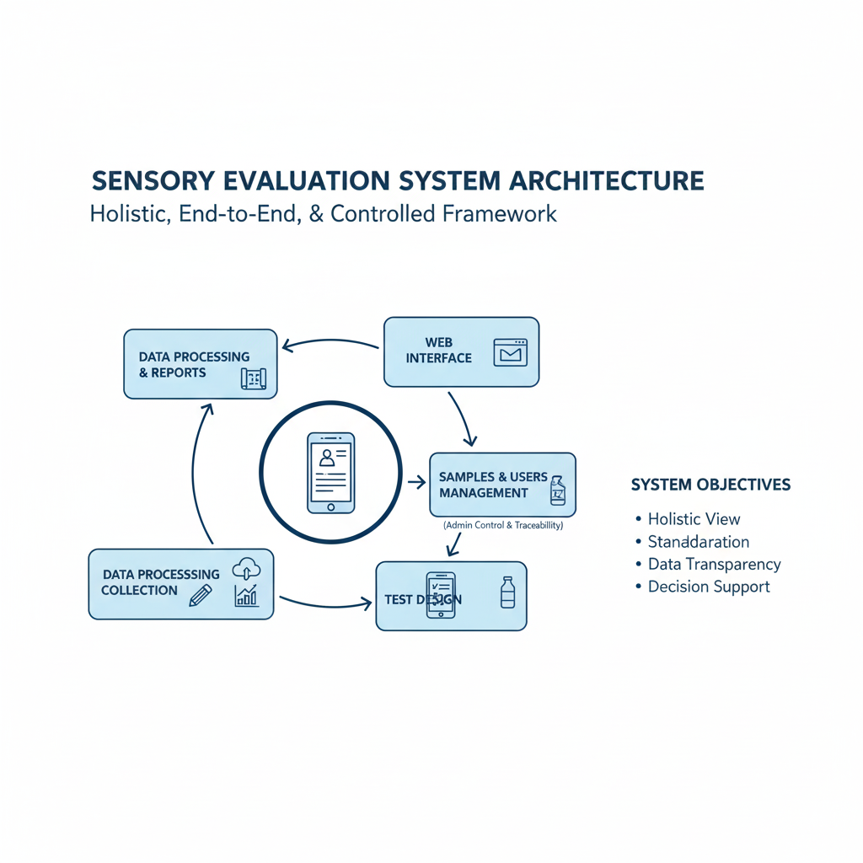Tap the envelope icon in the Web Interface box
tap(510, 351)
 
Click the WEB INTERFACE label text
tap(438, 350)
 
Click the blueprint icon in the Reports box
tap(253, 378)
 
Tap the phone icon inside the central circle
tap(330, 472)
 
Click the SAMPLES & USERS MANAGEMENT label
tap(493, 485)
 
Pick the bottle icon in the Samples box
tap(557, 490)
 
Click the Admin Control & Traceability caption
tap(502, 525)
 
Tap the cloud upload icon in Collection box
tap(245, 570)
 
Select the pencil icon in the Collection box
tap(201, 595)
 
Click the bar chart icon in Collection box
tap(246, 597)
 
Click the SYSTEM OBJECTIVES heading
tap(710, 485)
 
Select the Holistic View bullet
tap(694, 519)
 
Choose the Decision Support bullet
tap(709, 587)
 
